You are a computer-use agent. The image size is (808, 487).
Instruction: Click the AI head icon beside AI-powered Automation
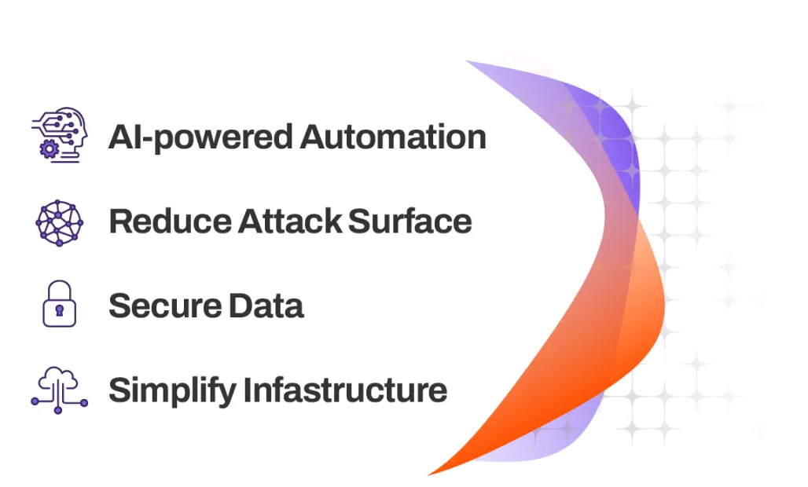pyautogui.click(x=59, y=135)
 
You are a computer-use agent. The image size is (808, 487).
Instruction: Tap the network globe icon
pyautogui.click(x=59, y=222)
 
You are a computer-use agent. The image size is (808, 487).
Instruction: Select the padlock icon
pyautogui.click(x=59, y=305)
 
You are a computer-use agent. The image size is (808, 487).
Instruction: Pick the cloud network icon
pyautogui.click(x=59, y=389)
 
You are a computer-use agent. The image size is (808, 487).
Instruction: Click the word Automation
pyautogui.click(x=393, y=137)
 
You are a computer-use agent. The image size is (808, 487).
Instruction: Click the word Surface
pyautogui.click(x=410, y=222)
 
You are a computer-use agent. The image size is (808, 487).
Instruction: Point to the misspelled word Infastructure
pyautogui.click(x=345, y=390)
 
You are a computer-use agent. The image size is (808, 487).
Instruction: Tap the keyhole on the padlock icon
pyautogui.click(x=59, y=312)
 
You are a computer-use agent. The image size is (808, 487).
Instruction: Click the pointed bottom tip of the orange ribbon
pyautogui.click(x=429, y=474)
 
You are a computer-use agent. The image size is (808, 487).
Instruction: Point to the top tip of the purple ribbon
pyautogui.click(x=468, y=61)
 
